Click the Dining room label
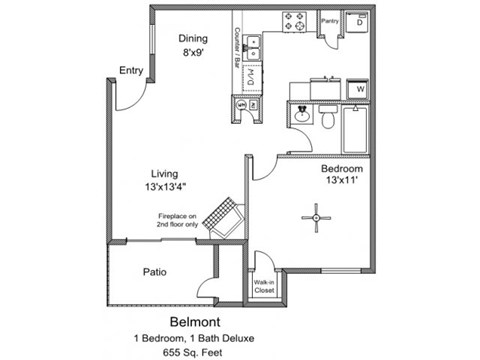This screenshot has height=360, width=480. tap(193, 39)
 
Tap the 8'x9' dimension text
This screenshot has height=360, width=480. tap(193, 54)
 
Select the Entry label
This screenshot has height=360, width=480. tap(131, 70)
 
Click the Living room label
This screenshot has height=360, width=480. tap(164, 172)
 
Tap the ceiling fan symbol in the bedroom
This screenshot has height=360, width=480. tap(316, 214)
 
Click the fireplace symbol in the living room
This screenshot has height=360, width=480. tap(223, 217)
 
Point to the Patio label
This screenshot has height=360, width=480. tap(154, 271)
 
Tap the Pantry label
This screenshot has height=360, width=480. tap(329, 20)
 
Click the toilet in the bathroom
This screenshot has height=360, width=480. tap(326, 117)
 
